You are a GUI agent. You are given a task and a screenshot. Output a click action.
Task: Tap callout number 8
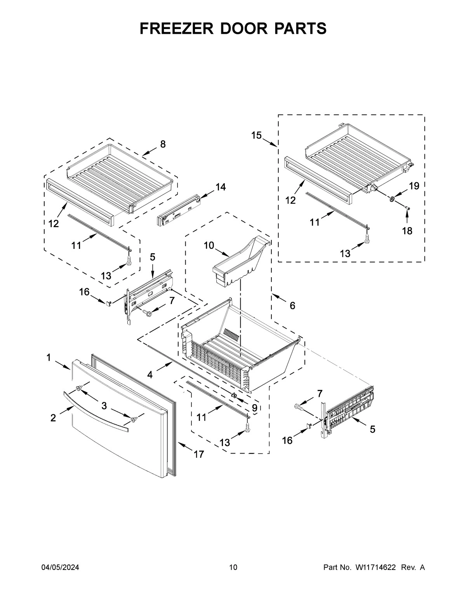(x=163, y=144)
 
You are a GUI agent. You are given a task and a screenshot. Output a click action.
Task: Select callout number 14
(x=221, y=187)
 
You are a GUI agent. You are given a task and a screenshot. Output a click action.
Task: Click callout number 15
(x=256, y=135)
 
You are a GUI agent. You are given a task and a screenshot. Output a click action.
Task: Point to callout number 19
(x=414, y=186)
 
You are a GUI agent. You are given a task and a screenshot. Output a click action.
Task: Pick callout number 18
(x=407, y=231)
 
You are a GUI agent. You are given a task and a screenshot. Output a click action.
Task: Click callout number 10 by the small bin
(x=209, y=245)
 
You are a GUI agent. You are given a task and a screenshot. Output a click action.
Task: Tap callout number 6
(x=292, y=306)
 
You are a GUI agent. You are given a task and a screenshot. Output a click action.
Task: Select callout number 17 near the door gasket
(x=199, y=454)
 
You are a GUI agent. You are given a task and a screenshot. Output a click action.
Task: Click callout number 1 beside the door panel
(x=49, y=358)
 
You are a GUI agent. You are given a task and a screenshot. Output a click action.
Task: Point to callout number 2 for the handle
(x=53, y=418)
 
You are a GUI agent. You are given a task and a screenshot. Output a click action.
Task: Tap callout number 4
(x=150, y=375)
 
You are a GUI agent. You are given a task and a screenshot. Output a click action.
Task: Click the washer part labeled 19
(x=392, y=199)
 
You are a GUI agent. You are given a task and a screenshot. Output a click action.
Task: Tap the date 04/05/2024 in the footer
(x=60, y=568)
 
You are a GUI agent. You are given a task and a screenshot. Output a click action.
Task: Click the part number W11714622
(x=375, y=568)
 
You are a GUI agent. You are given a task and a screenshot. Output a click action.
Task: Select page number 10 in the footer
(x=233, y=568)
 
